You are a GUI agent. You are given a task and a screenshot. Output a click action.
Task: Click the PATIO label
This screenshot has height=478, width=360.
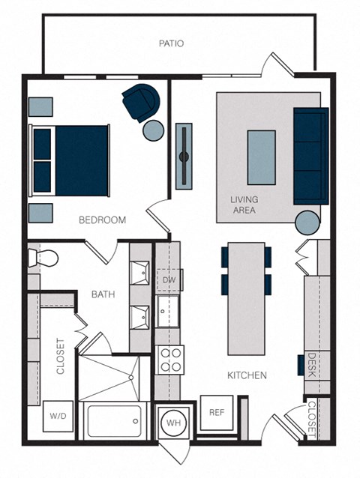click(x=171, y=43)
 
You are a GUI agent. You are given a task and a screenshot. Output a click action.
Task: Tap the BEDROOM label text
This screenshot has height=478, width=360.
click(x=103, y=220)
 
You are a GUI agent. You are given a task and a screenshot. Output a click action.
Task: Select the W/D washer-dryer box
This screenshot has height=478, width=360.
click(x=58, y=414)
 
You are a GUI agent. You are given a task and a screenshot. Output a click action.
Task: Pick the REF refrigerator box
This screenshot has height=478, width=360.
click(x=216, y=412)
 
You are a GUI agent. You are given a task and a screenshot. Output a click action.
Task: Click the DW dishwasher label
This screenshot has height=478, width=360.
click(x=168, y=280)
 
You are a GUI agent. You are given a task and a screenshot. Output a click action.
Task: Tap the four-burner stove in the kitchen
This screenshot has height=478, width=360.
click(x=170, y=360)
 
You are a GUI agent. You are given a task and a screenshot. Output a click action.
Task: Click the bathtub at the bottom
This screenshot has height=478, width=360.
click(x=113, y=421)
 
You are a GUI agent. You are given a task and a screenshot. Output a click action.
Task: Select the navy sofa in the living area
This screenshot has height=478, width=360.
click(x=310, y=155)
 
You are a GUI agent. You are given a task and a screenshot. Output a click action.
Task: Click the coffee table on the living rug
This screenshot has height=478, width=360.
click(x=261, y=157)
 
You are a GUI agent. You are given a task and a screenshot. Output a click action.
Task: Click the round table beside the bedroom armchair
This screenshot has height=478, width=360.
click(x=154, y=131)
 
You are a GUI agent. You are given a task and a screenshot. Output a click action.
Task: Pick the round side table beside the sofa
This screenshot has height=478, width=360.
click(x=307, y=223)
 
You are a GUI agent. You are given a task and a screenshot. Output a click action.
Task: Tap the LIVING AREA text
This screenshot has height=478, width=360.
click(x=244, y=205)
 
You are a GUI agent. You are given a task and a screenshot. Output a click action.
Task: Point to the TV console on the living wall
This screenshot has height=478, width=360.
click(x=183, y=157)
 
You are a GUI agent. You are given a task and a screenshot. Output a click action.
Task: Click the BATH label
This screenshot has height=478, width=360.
click(x=103, y=294)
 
